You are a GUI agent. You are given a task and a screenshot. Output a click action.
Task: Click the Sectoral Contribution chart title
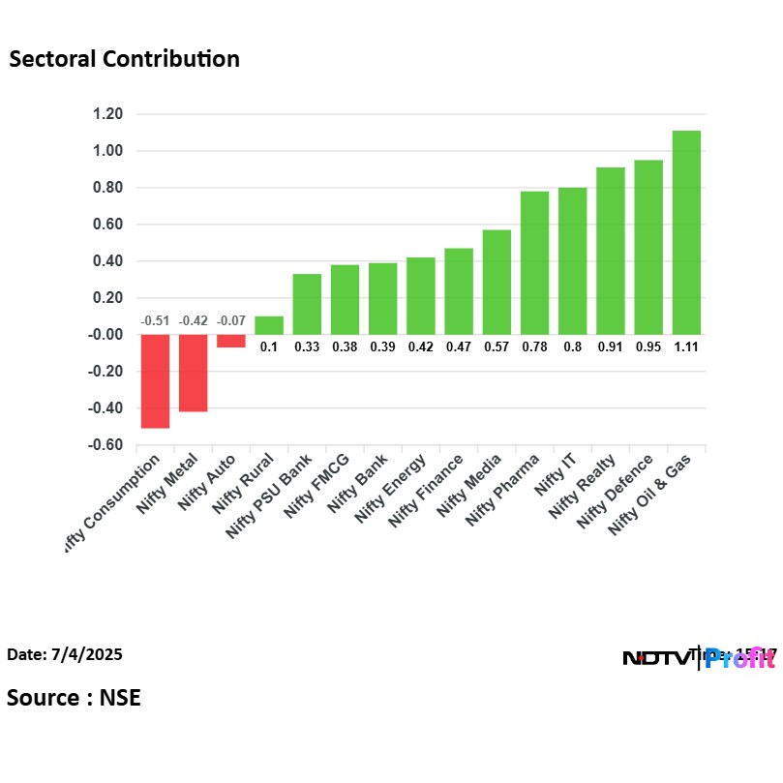124,59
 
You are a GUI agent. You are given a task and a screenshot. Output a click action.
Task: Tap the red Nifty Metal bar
193,373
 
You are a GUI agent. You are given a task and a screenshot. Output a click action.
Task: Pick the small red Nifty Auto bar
230,341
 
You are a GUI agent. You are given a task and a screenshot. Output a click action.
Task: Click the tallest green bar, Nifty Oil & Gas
686,232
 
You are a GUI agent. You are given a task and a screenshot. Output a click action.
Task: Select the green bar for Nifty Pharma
534,262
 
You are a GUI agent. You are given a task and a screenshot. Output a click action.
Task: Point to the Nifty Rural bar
269,325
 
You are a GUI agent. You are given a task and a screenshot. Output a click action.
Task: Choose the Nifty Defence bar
648,247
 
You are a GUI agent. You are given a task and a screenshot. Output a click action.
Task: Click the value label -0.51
155,320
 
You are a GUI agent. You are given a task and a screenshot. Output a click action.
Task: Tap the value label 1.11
686,346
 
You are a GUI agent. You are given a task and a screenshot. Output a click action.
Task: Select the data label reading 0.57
497,346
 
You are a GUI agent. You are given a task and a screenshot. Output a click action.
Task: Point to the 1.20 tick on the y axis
107,114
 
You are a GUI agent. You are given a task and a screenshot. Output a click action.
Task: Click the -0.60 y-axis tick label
105,445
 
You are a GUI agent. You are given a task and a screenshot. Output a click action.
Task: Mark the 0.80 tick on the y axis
107,188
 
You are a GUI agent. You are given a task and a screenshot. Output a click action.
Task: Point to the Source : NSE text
74,698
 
